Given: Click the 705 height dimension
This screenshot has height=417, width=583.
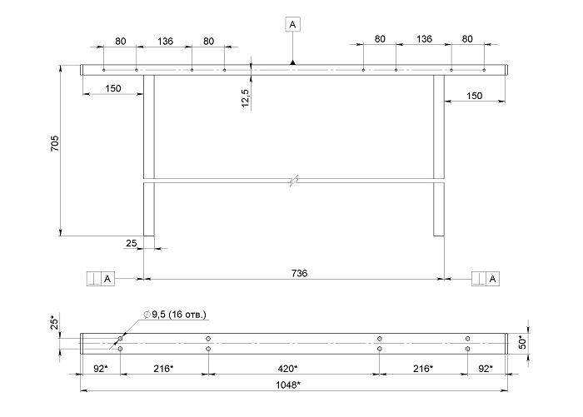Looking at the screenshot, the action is [x=55, y=143].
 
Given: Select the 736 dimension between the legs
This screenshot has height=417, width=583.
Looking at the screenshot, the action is [x=299, y=273].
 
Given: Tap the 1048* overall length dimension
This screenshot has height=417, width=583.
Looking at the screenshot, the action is [x=288, y=385].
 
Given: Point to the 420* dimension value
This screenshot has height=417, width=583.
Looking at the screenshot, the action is [x=288, y=369].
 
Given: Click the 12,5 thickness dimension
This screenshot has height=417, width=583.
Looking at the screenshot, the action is [x=246, y=98].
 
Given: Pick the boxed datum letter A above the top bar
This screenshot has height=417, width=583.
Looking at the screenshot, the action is [x=292, y=24].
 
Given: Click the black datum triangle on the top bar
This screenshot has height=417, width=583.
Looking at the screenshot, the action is [x=292, y=62].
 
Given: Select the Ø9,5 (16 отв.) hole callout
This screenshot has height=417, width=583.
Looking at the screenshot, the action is [x=175, y=315].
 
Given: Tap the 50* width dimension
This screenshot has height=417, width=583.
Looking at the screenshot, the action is [x=523, y=343].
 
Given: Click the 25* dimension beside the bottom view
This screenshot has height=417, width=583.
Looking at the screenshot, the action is [x=54, y=322].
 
